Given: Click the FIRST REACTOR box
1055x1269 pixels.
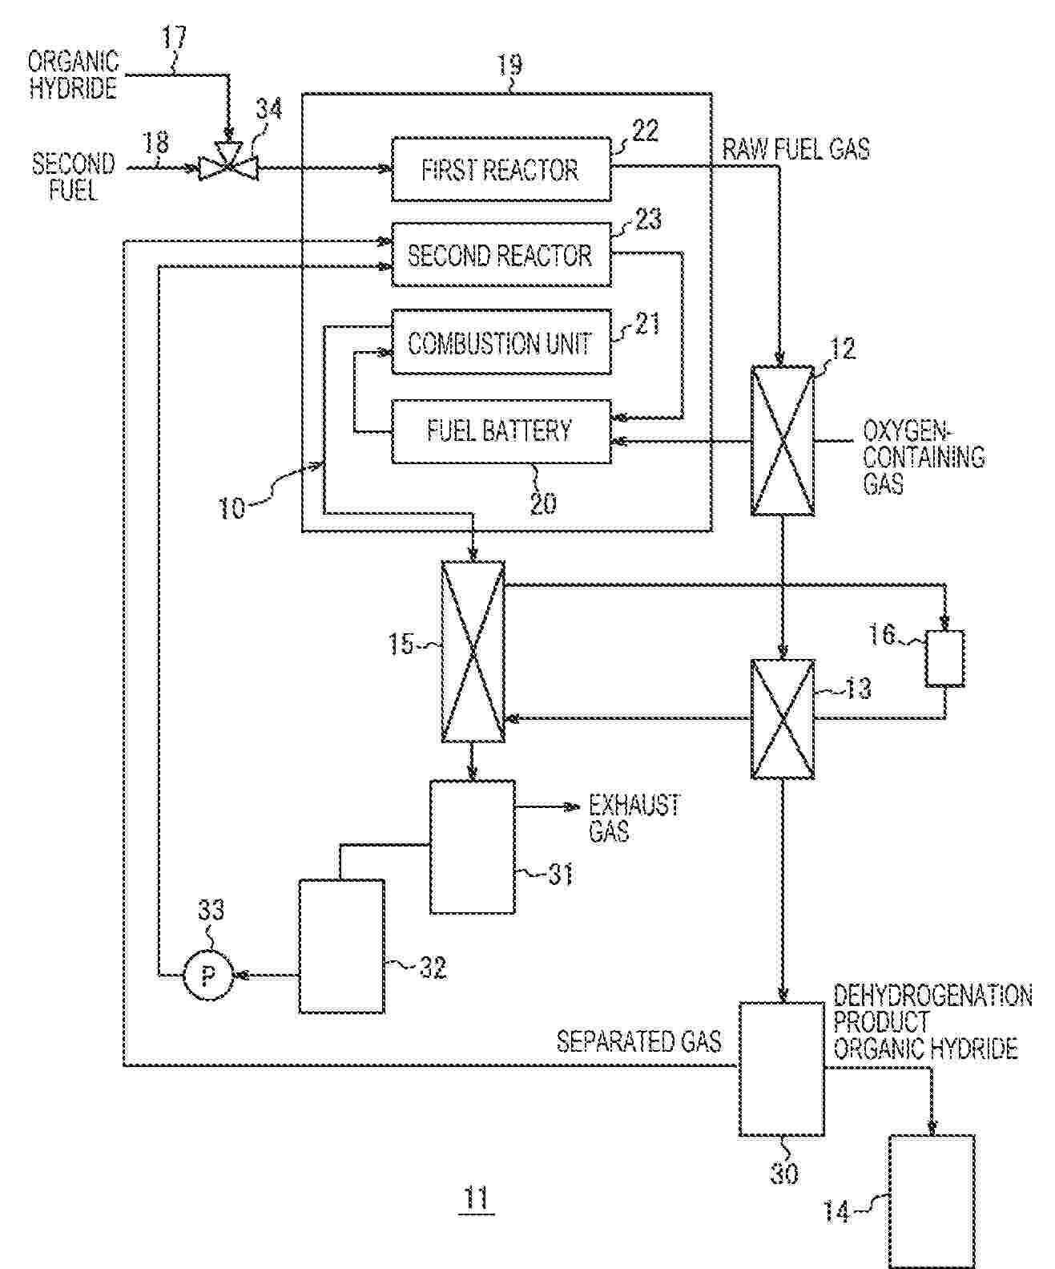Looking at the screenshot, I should pos(501,170).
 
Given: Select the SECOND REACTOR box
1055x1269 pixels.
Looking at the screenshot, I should pos(501,256).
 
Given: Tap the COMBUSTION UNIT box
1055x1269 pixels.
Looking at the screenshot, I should pos(501,343).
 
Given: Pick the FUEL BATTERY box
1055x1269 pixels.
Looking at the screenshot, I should pos(501,430).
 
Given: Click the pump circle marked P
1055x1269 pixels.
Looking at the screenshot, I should pos(208,976).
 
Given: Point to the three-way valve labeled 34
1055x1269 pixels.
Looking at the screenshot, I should pos(228,166).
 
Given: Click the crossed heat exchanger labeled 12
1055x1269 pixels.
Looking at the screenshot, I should pos(783,441).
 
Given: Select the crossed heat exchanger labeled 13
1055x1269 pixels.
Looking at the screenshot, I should pos(783,719).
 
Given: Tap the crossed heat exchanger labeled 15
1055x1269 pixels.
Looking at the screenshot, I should pos(473,651).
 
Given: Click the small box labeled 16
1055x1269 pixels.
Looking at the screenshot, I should pos(945,658).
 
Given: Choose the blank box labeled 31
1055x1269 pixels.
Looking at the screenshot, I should pos(473,847).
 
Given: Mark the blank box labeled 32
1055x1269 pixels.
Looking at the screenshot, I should pos(341,946).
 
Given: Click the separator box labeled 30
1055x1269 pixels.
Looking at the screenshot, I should pos(781,1068).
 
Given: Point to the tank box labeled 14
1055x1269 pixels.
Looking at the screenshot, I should pos(932,1200).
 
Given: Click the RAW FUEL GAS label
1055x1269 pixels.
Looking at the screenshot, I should pos(795,149).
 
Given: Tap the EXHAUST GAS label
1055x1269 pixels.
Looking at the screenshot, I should pos(634,818).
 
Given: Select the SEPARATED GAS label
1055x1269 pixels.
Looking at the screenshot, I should pos(638,1041).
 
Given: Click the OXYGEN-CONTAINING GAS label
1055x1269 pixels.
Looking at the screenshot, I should pos(922,457).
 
